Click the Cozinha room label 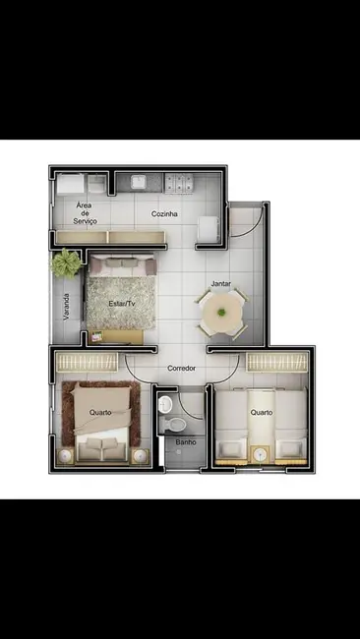[x=164, y=213]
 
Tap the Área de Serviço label [x=85, y=213]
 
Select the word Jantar [x=221, y=284]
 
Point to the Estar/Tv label [x=122, y=304]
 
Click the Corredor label [x=181, y=368]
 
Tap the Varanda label [x=67, y=307]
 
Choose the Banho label [x=186, y=441]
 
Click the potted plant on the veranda [x=66, y=263]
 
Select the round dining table [x=222, y=314]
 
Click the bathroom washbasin [x=165, y=404]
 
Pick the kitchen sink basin [x=139, y=182]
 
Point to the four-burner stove [x=179, y=182]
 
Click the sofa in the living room [x=123, y=265]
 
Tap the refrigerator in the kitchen [x=210, y=230]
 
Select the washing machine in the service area [x=70, y=184]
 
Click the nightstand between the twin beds [x=260, y=454]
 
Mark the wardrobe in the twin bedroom [x=277, y=362]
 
